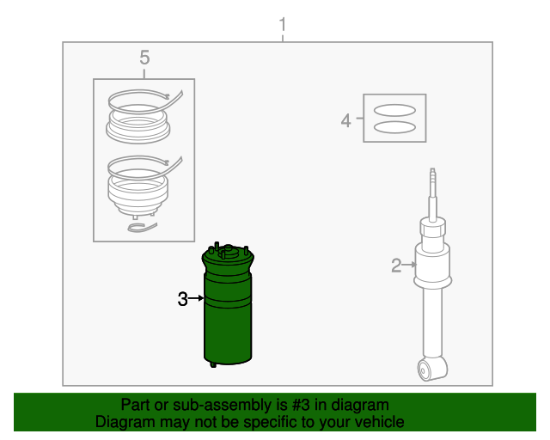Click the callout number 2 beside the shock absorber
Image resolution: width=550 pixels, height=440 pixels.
[395, 266]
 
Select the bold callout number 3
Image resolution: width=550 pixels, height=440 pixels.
[181, 299]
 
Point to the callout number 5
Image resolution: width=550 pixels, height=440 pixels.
[144, 58]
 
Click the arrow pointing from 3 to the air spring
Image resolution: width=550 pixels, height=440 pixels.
[195, 299]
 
